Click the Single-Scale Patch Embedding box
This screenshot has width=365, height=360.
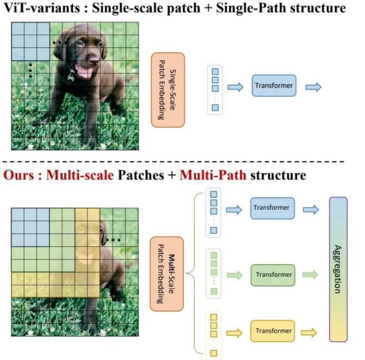click(168, 90)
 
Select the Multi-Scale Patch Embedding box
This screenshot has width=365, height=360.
click(167, 274)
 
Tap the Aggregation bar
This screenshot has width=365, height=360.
click(338, 269)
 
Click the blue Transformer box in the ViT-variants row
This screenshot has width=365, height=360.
click(274, 86)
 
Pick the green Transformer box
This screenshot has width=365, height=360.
click(273, 275)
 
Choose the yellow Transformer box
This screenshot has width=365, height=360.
click(273, 331)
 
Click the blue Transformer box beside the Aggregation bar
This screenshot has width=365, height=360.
click(273, 208)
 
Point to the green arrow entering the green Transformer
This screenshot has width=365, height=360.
click(234, 275)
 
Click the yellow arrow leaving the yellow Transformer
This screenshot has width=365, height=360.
click(309, 333)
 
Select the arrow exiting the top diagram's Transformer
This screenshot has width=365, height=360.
click(313, 88)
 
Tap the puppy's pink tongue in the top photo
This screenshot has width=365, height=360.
click(84, 72)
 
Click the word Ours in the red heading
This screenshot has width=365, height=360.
click(19, 175)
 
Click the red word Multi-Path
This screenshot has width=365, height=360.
click(213, 175)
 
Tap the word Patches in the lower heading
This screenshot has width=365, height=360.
click(141, 175)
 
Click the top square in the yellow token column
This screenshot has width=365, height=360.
click(214, 317)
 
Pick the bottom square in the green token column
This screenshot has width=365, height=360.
click(214, 291)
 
